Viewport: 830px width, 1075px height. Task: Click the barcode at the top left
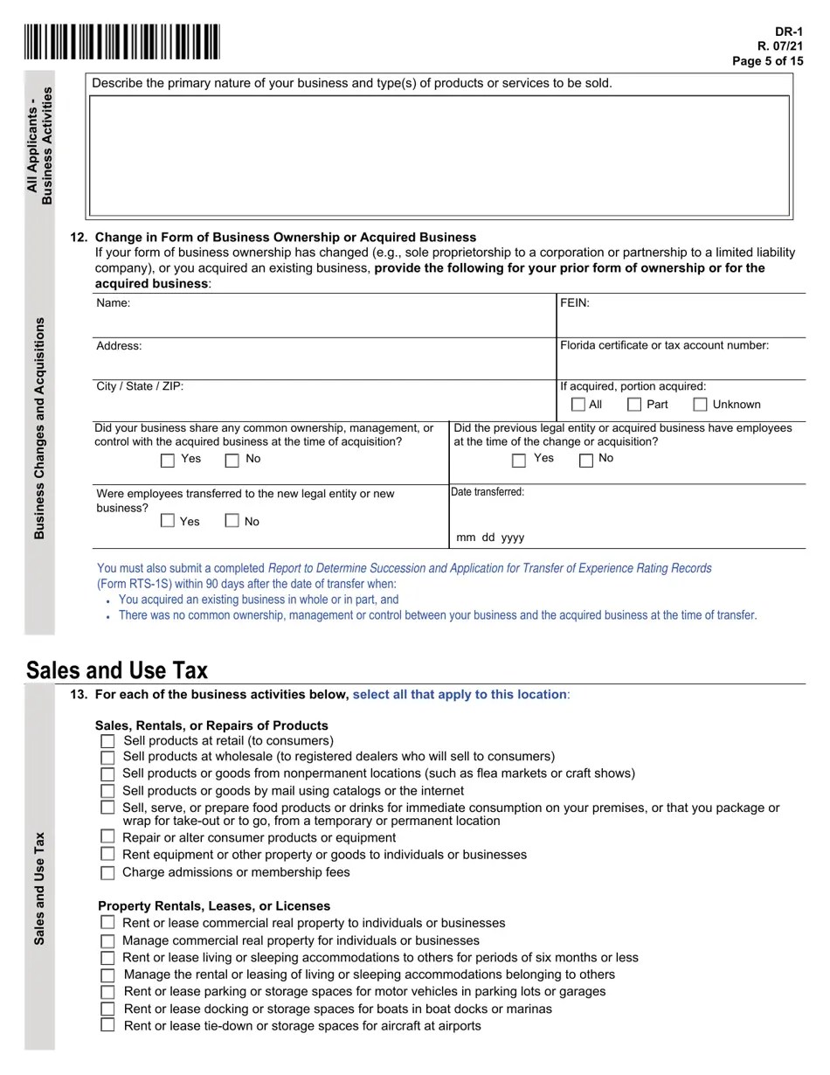click(122, 42)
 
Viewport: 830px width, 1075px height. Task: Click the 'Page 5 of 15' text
click(767, 61)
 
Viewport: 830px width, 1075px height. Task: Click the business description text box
click(439, 155)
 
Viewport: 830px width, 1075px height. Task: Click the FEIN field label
click(575, 303)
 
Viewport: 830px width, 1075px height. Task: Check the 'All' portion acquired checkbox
click(578, 405)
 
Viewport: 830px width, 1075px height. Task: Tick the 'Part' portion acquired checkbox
click(635, 405)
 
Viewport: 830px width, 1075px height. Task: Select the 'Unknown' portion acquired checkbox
click(700, 405)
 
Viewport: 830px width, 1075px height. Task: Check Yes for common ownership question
click(169, 460)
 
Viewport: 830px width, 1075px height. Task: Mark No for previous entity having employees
click(586, 460)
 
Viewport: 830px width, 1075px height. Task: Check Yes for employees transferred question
click(168, 521)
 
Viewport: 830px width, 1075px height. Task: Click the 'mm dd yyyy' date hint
click(490, 537)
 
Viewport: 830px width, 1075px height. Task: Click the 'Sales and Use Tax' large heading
click(117, 670)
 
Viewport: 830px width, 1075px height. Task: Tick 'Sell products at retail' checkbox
click(107, 741)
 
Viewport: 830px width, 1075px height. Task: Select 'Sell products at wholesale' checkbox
click(107, 757)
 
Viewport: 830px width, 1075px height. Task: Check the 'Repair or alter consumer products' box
click(107, 837)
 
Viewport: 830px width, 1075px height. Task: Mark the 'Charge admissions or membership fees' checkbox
click(107, 872)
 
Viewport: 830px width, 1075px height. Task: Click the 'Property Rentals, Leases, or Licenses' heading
click(214, 905)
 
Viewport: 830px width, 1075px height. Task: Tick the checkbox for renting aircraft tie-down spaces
click(107, 1025)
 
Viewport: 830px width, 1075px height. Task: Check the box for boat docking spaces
click(107, 1009)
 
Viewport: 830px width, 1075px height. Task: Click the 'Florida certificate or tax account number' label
click(664, 345)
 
